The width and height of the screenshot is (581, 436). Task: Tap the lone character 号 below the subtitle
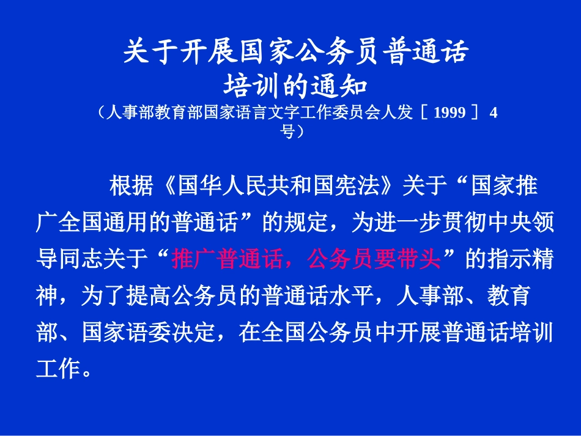tap(287, 130)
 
